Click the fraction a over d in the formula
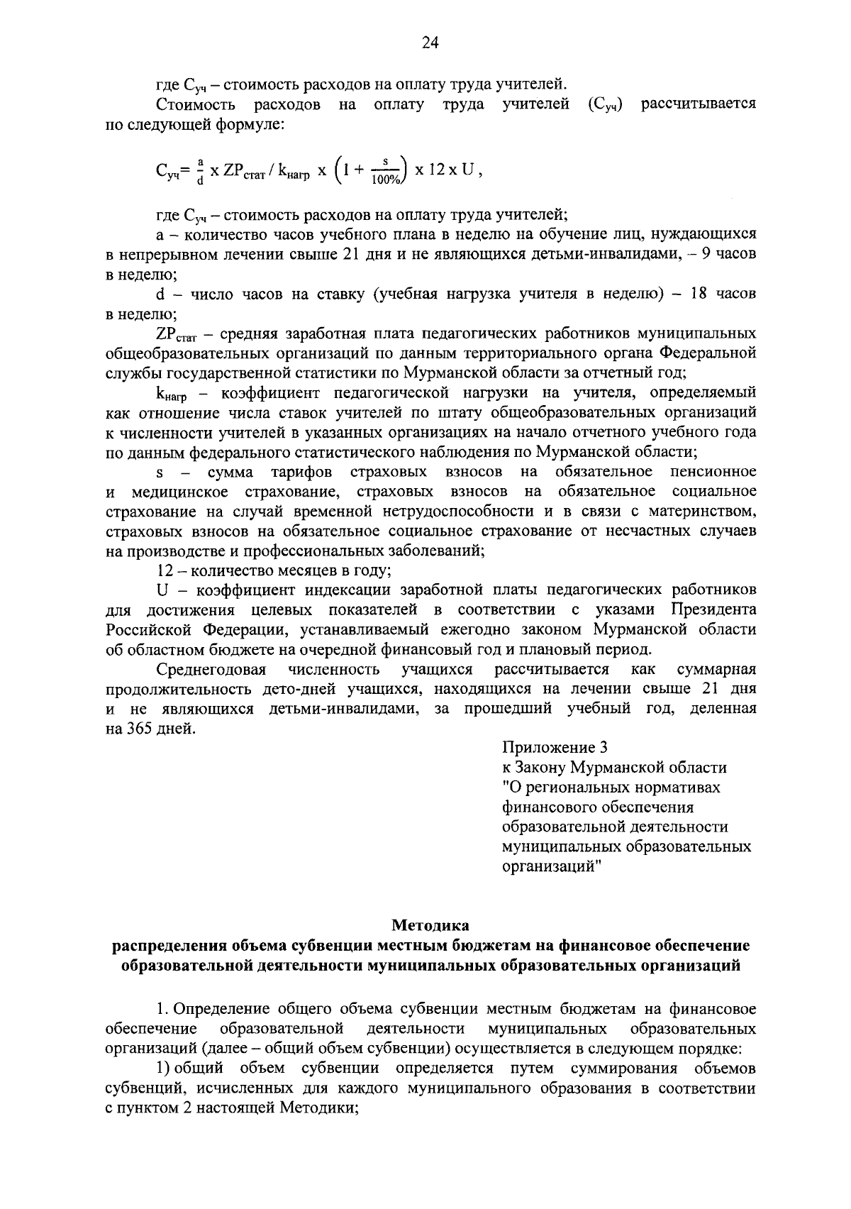pyautogui.click(x=201, y=171)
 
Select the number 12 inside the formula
pyautogui.click(x=440, y=170)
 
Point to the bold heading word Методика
pyautogui.click(x=430, y=925)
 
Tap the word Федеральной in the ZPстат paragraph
pyautogui.click(x=708, y=353)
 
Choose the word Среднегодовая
pyautogui.click(x=211, y=669)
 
